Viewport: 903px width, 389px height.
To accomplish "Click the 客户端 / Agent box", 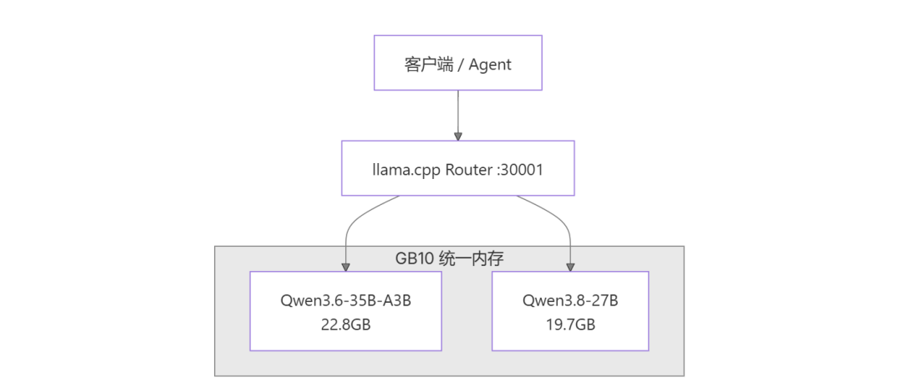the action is pos(458,63).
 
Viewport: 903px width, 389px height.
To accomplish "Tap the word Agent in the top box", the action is pos(489,64).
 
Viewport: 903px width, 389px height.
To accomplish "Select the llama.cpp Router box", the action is pos(458,167).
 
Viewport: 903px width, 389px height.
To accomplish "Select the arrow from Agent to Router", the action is pos(458,115).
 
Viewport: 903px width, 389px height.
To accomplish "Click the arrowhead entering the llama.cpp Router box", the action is pos(458,136).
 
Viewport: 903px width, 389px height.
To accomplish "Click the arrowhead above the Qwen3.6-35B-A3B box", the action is pos(345,268).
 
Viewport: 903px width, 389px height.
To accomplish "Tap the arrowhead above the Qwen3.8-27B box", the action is pos(570,268).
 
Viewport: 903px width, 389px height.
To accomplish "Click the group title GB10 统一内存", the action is pos(449,258).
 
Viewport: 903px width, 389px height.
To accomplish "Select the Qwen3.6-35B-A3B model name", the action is pos(345,301).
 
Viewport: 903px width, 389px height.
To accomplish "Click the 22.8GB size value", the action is pos(345,324).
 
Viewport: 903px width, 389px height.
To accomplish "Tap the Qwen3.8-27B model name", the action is pos(570,301).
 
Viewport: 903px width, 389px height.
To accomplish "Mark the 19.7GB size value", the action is pos(570,324).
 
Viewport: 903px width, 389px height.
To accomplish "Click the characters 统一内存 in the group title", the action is pos(472,258).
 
